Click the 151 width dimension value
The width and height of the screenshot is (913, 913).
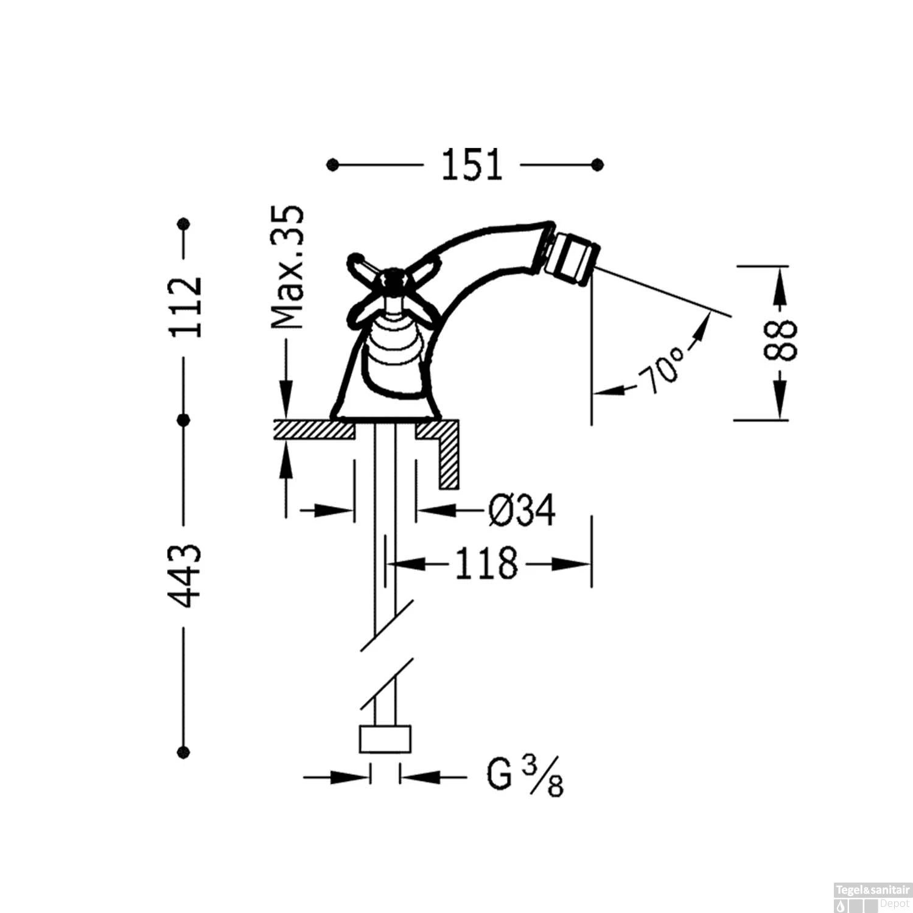472,164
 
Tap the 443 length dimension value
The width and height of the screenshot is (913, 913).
184,576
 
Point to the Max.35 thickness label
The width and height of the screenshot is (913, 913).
287,268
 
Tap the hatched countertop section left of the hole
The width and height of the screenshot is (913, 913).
314,429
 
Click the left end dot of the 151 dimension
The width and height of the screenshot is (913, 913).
332,164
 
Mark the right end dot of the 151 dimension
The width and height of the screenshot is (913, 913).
598,164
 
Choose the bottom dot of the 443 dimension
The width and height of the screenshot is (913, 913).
184,752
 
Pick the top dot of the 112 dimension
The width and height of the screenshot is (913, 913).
184,223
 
